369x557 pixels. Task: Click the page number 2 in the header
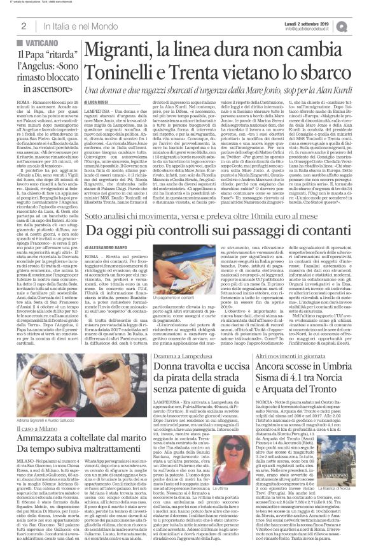23,25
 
